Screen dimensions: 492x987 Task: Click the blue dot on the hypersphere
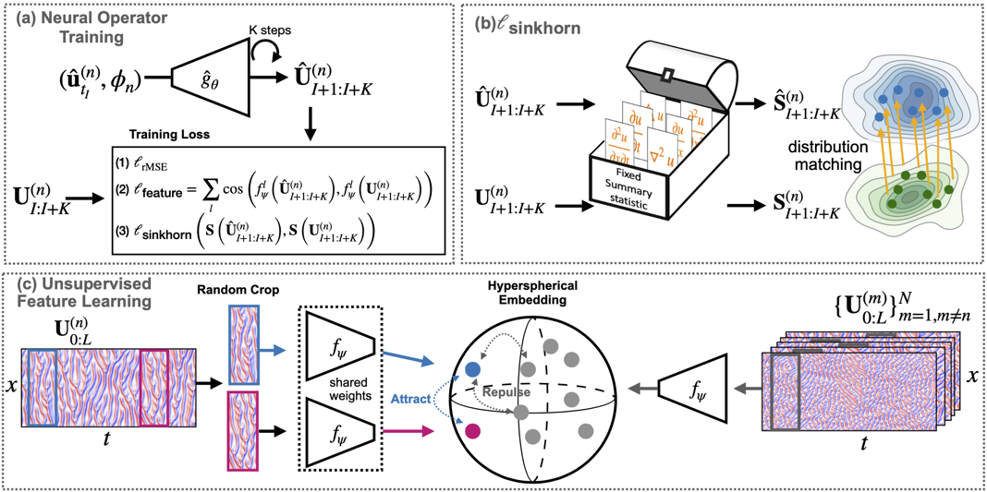(x=473, y=369)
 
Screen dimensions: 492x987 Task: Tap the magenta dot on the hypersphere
(x=473, y=430)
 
